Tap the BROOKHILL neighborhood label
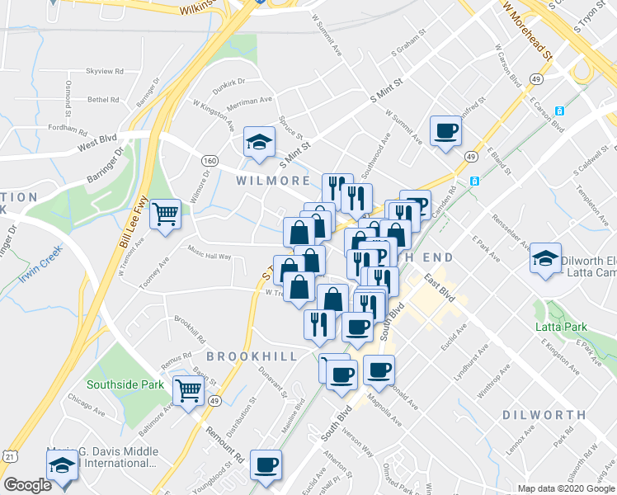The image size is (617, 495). coord(251,356)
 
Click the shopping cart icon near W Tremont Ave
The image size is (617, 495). coord(167,214)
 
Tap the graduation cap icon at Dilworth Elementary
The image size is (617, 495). coord(544,259)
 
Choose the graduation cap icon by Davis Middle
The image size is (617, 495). coord(61,466)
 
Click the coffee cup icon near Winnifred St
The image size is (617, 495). coord(445,130)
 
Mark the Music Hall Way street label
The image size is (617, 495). coord(209,257)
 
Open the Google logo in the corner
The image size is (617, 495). coord(27,485)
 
